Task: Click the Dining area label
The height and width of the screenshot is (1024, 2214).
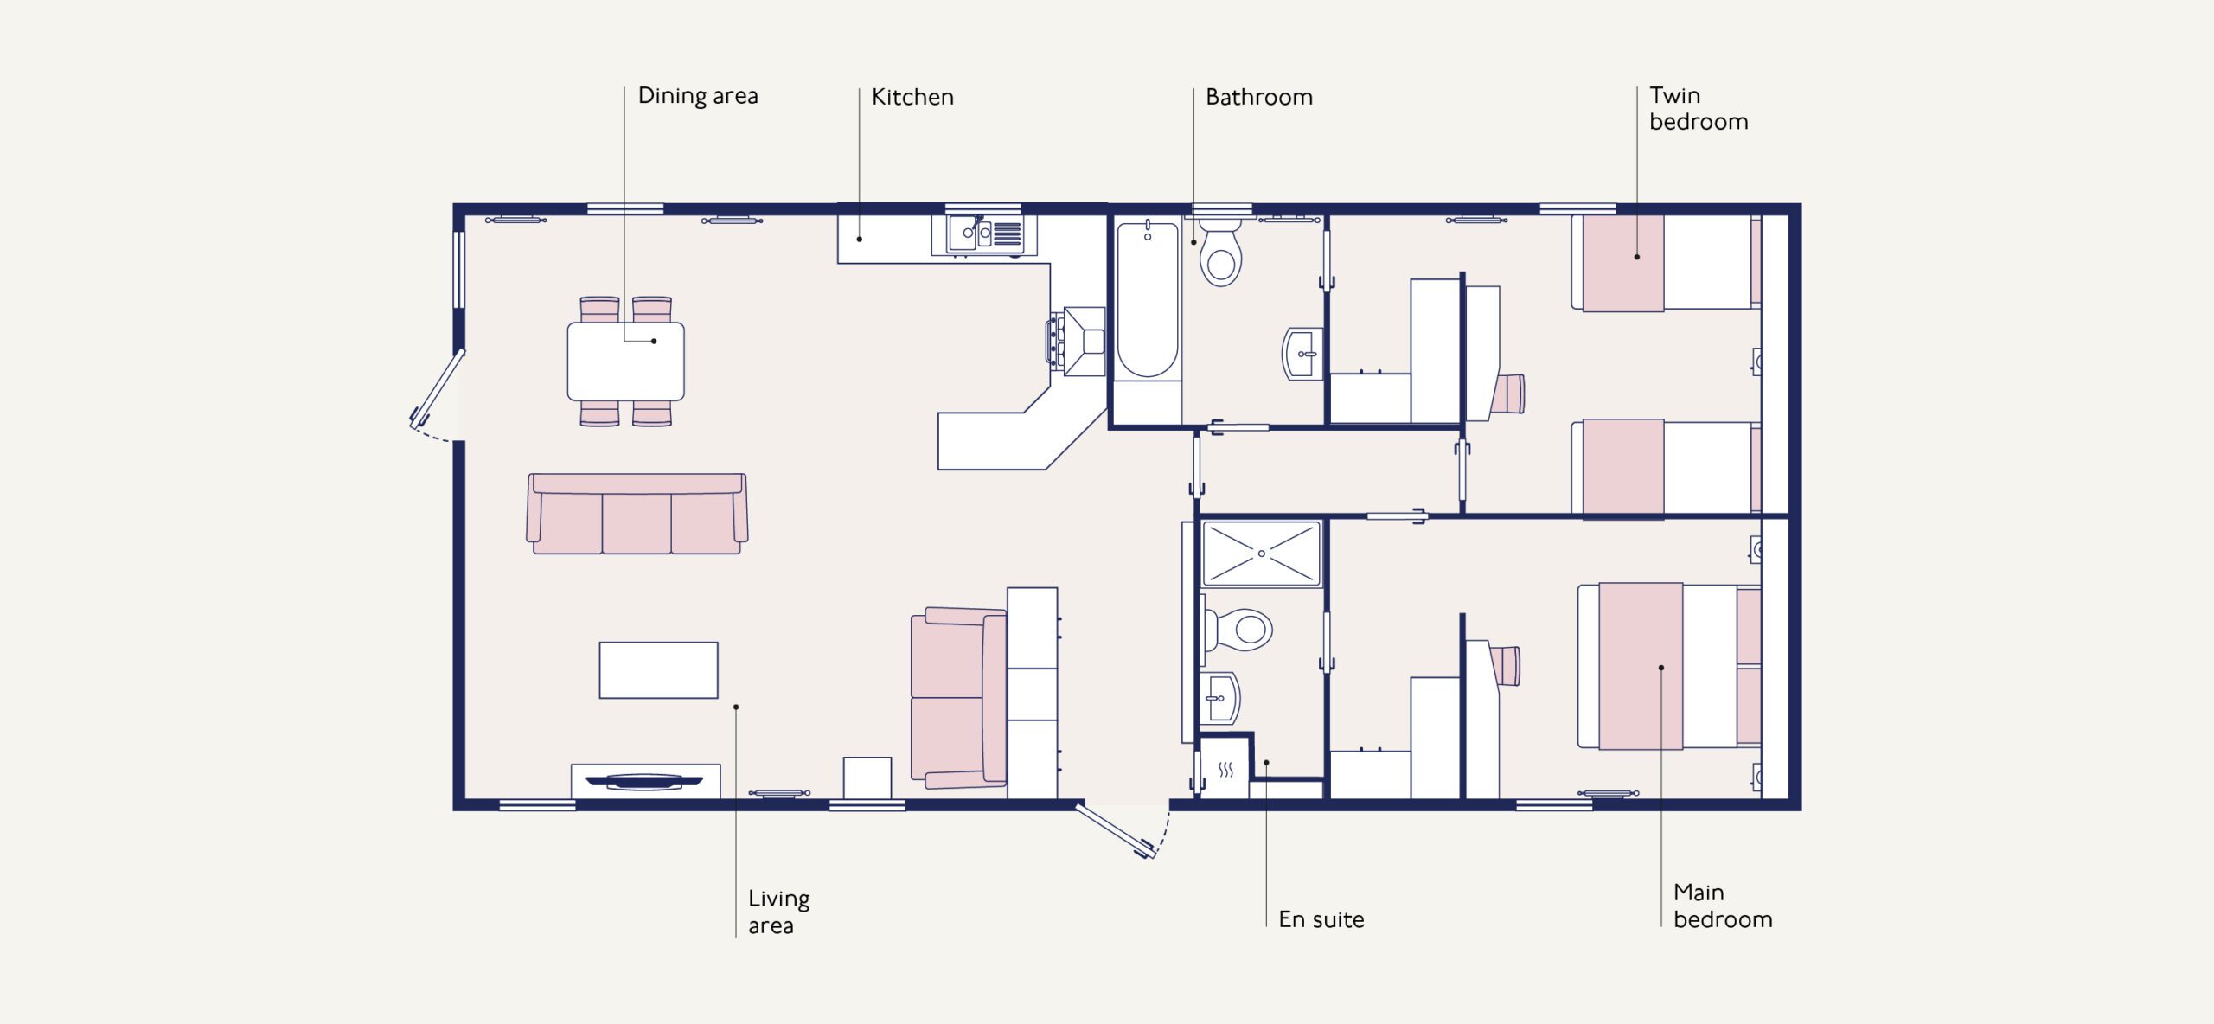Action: pos(698,97)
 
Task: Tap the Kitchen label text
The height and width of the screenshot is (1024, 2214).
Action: pos(912,97)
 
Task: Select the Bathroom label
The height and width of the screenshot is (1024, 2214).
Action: pos(1259,97)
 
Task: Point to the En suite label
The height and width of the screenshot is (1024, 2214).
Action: pos(1321,919)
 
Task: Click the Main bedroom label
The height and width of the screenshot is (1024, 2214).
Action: pos(1723,906)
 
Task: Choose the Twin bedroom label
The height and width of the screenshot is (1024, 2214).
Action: pos(1699,108)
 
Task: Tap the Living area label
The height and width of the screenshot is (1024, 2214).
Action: pos(779,912)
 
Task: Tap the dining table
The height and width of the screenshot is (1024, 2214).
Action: pos(626,362)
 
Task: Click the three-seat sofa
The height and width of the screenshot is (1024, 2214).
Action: pos(637,514)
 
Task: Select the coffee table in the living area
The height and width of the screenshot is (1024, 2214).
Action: pos(659,669)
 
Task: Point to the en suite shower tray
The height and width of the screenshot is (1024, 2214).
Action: pos(1262,554)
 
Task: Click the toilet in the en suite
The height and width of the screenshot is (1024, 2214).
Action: pos(1238,629)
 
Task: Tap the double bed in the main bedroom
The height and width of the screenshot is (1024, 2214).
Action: pos(1669,666)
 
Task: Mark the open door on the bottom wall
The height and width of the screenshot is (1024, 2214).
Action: pos(1116,830)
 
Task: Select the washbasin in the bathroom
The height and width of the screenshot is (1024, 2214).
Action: pos(1302,354)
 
